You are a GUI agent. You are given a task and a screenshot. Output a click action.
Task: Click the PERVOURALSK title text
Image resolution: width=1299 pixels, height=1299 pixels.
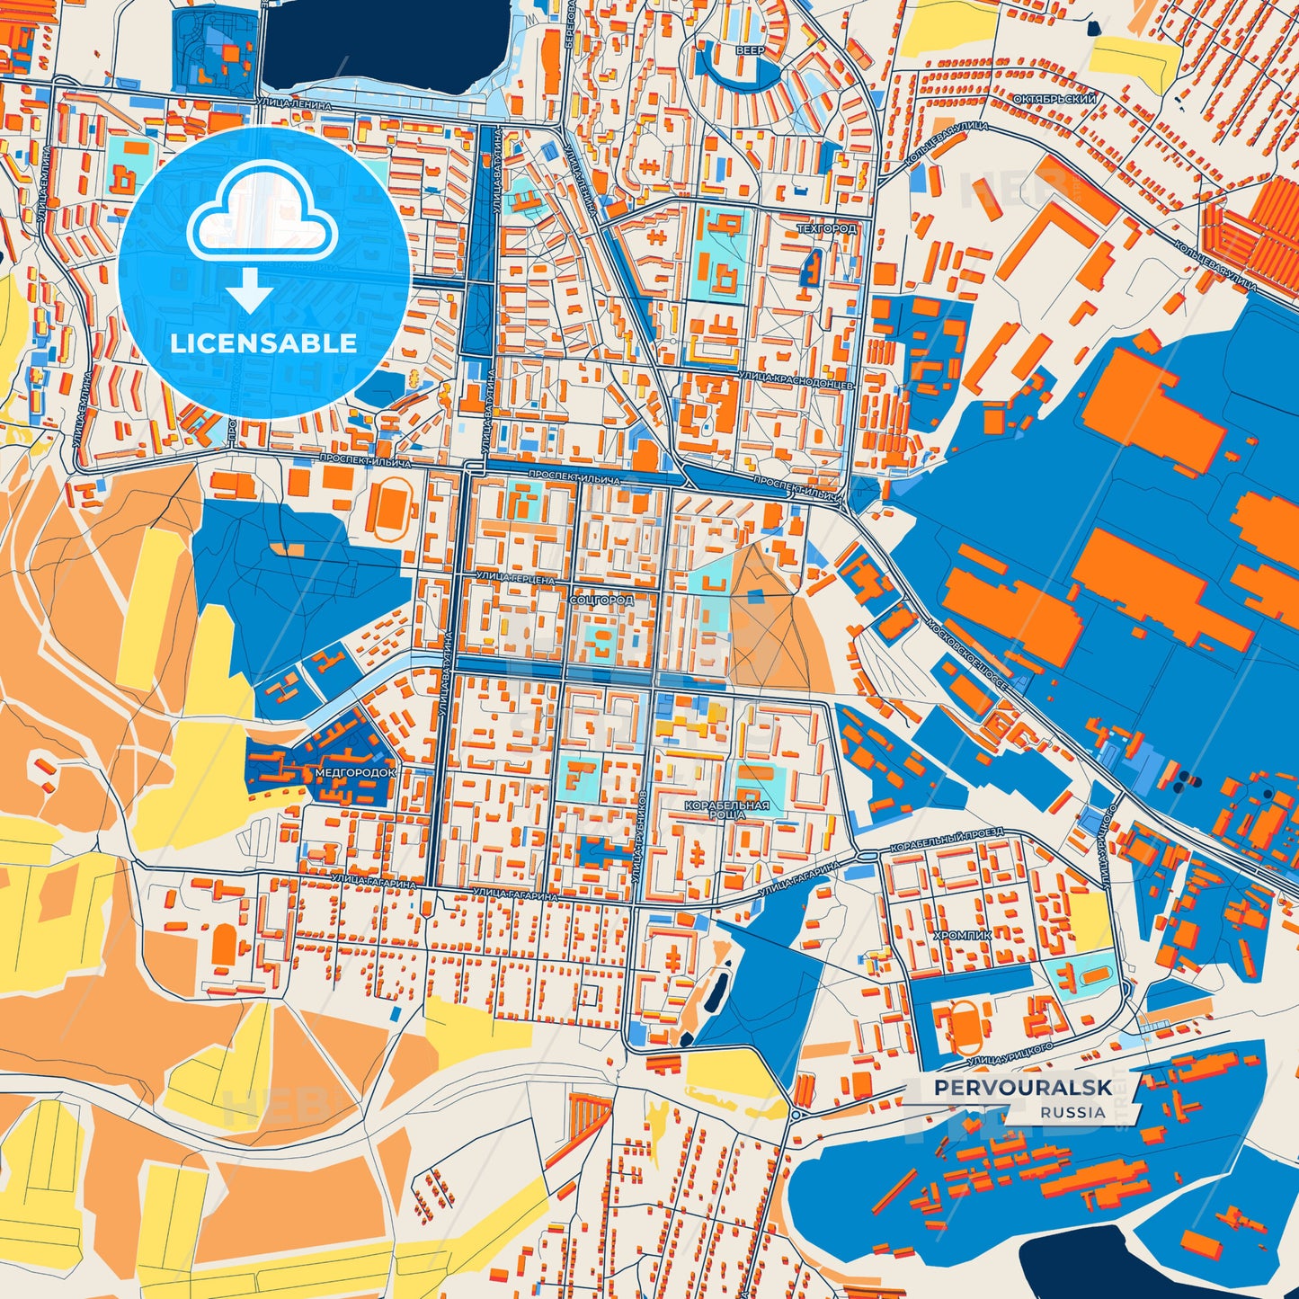(1022, 1088)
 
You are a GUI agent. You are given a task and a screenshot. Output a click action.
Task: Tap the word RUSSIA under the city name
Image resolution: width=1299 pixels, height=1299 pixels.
(1072, 1112)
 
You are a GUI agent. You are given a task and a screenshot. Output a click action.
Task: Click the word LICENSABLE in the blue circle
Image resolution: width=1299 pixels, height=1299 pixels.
(263, 343)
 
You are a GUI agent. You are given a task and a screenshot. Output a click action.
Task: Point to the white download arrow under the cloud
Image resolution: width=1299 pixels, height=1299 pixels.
(251, 289)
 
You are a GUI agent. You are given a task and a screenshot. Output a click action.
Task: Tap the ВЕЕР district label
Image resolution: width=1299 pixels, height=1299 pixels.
(750, 51)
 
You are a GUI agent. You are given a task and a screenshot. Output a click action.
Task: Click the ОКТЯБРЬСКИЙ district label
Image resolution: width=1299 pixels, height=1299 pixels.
(1054, 99)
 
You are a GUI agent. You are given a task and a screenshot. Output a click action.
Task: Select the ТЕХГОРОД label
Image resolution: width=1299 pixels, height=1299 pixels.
(827, 229)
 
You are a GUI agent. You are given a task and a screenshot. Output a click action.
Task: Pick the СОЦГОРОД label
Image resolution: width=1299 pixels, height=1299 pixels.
(601, 599)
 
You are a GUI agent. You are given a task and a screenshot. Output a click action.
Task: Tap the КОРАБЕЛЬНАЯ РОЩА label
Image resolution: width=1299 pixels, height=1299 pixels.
(727, 809)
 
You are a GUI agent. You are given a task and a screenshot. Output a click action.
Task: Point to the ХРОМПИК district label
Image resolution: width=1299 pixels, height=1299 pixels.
(963, 935)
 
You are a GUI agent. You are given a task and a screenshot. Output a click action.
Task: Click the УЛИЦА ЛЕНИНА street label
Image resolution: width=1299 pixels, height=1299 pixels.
(294, 105)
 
